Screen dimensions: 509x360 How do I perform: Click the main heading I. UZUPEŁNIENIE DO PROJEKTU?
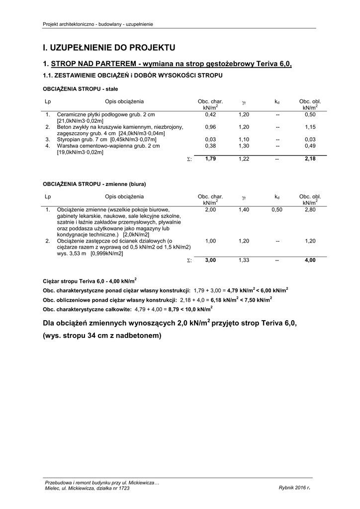[x=109, y=48]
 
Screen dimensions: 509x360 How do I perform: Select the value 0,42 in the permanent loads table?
[x=210, y=115]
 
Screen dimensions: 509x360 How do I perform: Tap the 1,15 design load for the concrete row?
[x=310, y=127]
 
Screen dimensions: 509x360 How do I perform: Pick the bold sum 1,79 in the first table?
[x=210, y=159]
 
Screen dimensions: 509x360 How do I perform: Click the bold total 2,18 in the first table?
[x=310, y=159]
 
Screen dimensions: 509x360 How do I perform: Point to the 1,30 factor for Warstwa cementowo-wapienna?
[x=243, y=146]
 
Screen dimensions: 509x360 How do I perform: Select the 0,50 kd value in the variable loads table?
[x=277, y=210]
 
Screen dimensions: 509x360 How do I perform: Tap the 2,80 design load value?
[x=310, y=210]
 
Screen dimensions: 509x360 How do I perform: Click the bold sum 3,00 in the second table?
[x=210, y=260]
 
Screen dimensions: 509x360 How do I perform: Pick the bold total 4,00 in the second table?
[x=310, y=260]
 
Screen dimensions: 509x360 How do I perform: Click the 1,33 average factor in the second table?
[x=243, y=260]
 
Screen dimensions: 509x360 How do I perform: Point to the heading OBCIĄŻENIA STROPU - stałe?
[x=81, y=88]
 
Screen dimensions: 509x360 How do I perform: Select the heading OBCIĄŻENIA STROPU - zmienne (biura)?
[x=94, y=184]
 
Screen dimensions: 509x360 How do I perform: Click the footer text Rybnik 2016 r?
[x=294, y=488]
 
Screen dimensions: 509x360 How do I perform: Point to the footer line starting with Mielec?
[x=87, y=488]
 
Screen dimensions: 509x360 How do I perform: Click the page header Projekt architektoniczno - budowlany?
[x=98, y=24]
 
